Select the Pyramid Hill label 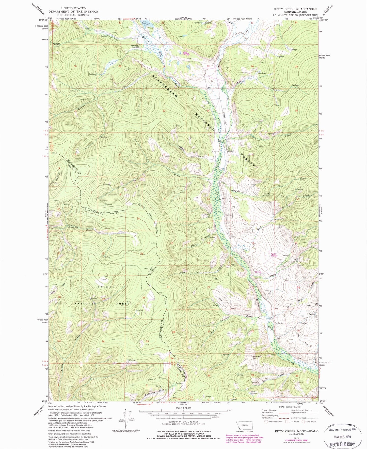pyautogui.click(x=257, y=357)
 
